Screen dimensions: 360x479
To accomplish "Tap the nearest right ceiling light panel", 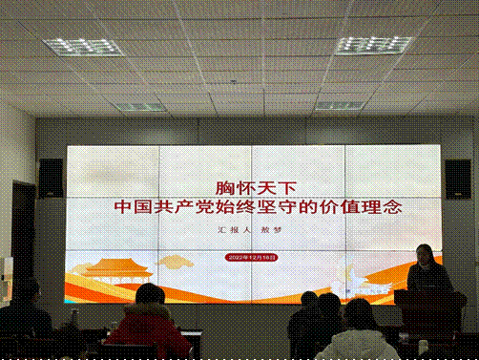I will coord(373,44).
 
